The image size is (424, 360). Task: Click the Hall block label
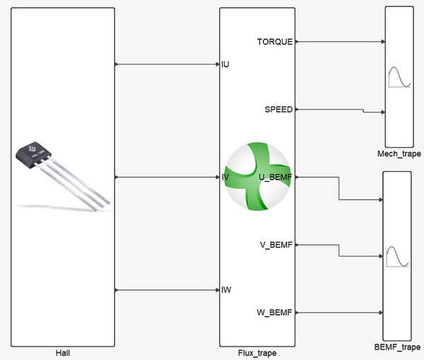[x=64, y=352]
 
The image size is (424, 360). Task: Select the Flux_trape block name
[x=256, y=352]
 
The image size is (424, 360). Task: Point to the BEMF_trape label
[x=396, y=348]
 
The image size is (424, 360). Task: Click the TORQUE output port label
[x=275, y=42]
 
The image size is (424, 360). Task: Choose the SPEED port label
[x=278, y=110]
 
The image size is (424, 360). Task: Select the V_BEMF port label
[x=276, y=245]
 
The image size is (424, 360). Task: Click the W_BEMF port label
[x=275, y=312]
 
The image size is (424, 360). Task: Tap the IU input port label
[x=225, y=64]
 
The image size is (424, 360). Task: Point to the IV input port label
[x=225, y=177]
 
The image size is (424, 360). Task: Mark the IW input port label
[x=226, y=290]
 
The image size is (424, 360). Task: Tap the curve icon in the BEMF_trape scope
[x=396, y=257]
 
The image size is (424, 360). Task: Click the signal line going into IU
[x=167, y=64]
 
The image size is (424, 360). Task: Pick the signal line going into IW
[x=167, y=290]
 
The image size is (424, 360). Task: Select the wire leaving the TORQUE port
[x=339, y=42]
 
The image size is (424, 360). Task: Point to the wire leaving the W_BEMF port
[x=339, y=312]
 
